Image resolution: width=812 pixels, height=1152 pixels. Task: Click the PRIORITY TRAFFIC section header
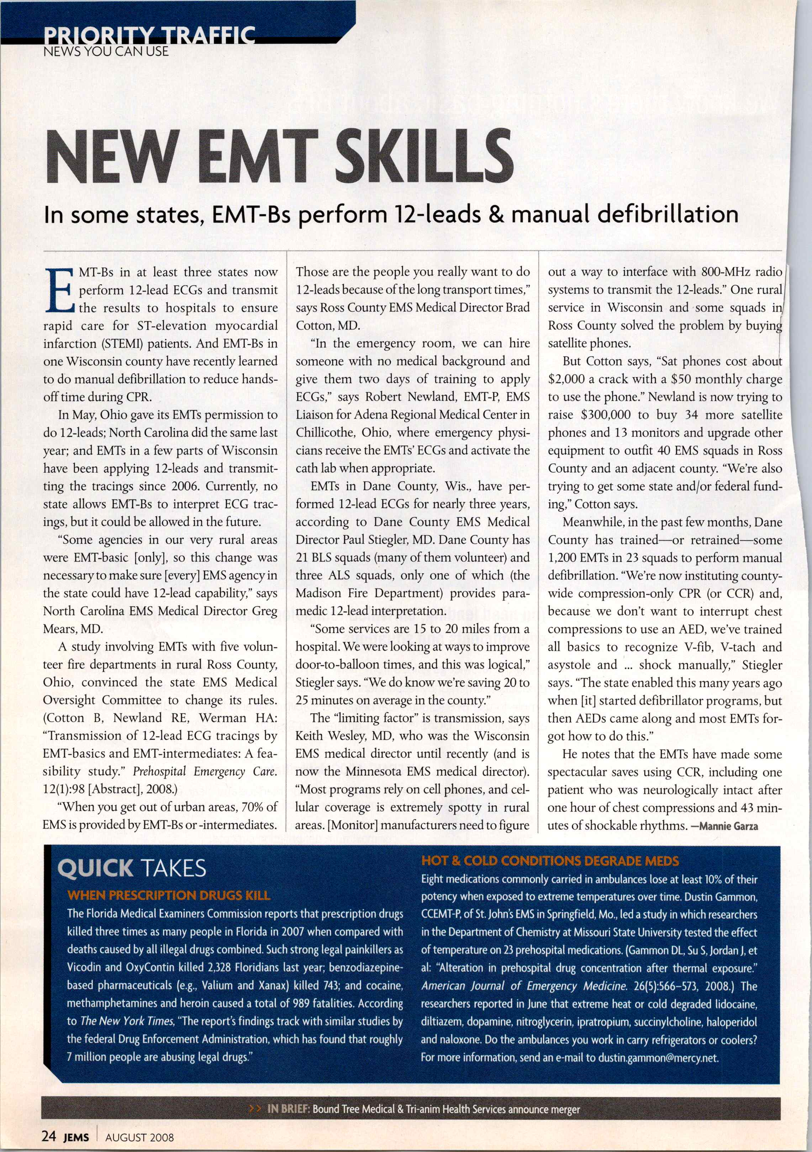pos(149,36)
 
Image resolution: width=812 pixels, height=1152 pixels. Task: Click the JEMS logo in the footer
pos(76,1137)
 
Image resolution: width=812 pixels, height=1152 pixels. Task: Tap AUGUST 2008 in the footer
pos(139,1137)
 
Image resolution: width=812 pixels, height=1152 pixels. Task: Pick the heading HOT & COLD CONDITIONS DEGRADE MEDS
pos(550,861)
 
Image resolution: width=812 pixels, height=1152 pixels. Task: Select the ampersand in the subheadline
pos(496,215)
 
